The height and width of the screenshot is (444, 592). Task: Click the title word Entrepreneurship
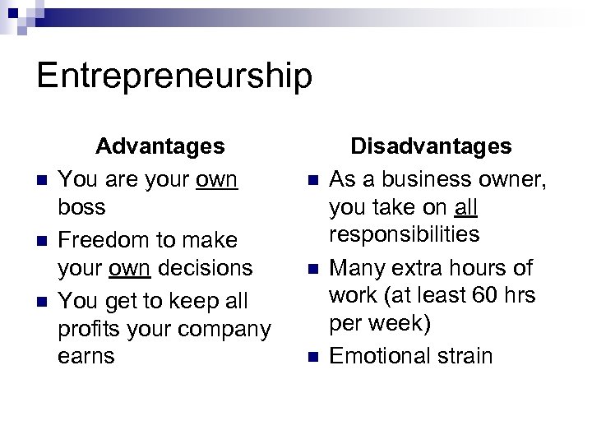(174, 76)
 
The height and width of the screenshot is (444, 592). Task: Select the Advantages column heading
(160, 146)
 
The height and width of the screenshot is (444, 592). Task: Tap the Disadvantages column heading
(431, 146)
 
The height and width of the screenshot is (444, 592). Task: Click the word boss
(82, 207)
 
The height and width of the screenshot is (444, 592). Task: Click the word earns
(87, 357)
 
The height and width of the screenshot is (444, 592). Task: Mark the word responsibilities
(404, 235)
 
